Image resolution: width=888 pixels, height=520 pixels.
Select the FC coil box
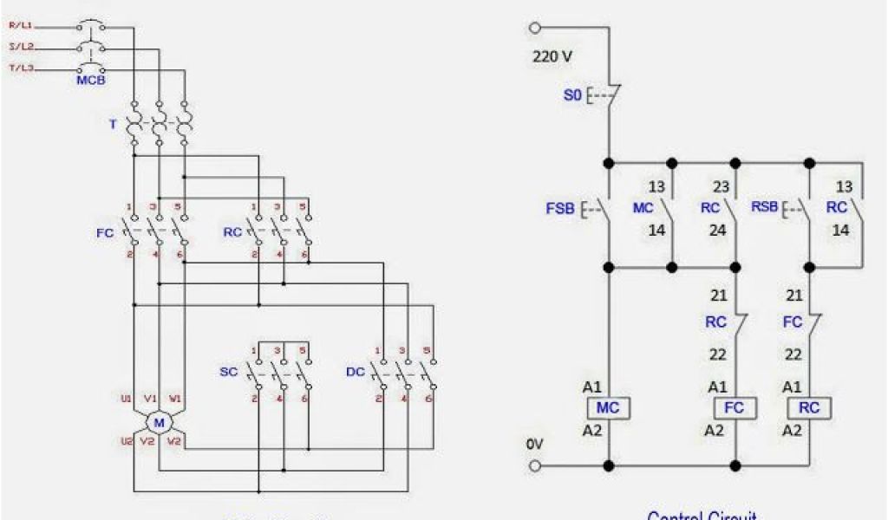click(735, 407)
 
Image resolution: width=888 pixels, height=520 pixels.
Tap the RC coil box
click(809, 407)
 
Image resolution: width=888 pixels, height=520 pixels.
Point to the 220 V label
click(552, 58)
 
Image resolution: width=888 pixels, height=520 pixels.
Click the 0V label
click(535, 444)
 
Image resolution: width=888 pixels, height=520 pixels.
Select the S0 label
click(572, 95)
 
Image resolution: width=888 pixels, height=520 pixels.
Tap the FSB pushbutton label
click(560, 209)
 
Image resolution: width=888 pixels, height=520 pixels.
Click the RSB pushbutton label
click(765, 208)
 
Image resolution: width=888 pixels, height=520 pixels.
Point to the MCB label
click(90, 81)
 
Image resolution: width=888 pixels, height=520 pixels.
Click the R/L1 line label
click(21, 26)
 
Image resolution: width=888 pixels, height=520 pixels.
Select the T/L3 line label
click(21, 67)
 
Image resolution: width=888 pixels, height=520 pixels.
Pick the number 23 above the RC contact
click(718, 186)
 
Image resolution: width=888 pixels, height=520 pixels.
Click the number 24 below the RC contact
click(718, 231)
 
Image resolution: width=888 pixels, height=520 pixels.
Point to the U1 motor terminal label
click(126, 400)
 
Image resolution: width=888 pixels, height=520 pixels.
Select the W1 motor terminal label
click(175, 400)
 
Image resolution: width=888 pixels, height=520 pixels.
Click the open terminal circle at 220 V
click(534, 29)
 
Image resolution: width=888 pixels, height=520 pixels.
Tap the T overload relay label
click(112, 124)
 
